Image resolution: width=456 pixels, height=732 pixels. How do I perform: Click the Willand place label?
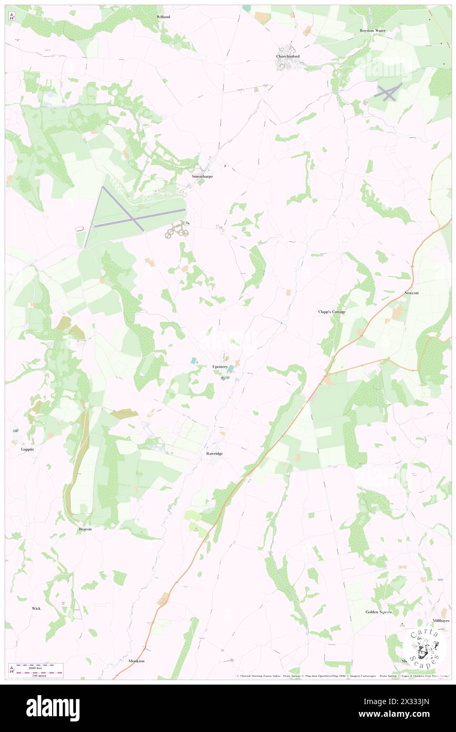[x=163, y=17]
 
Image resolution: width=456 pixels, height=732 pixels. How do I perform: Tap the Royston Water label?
[x=372, y=31]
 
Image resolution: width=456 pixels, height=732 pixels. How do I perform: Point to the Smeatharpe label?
[x=202, y=176]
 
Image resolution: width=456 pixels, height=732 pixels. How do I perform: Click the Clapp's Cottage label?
[x=332, y=312]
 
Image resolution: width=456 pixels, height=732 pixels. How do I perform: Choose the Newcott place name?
[x=411, y=292]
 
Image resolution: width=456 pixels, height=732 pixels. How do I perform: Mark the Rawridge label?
[x=214, y=453]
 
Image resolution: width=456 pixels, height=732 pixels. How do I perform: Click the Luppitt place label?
[x=27, y=449]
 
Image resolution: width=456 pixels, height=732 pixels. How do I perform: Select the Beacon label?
[x=85, y=529]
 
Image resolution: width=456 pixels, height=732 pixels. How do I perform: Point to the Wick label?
[x=36, y=608]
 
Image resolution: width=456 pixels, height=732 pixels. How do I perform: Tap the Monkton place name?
[x=136, y=660]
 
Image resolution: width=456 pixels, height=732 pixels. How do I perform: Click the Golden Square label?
[x=379, y=612]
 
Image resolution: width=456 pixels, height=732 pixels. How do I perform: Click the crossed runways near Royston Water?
[x=388, y=93]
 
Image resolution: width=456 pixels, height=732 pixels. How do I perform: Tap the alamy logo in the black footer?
[x=53, y=708]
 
